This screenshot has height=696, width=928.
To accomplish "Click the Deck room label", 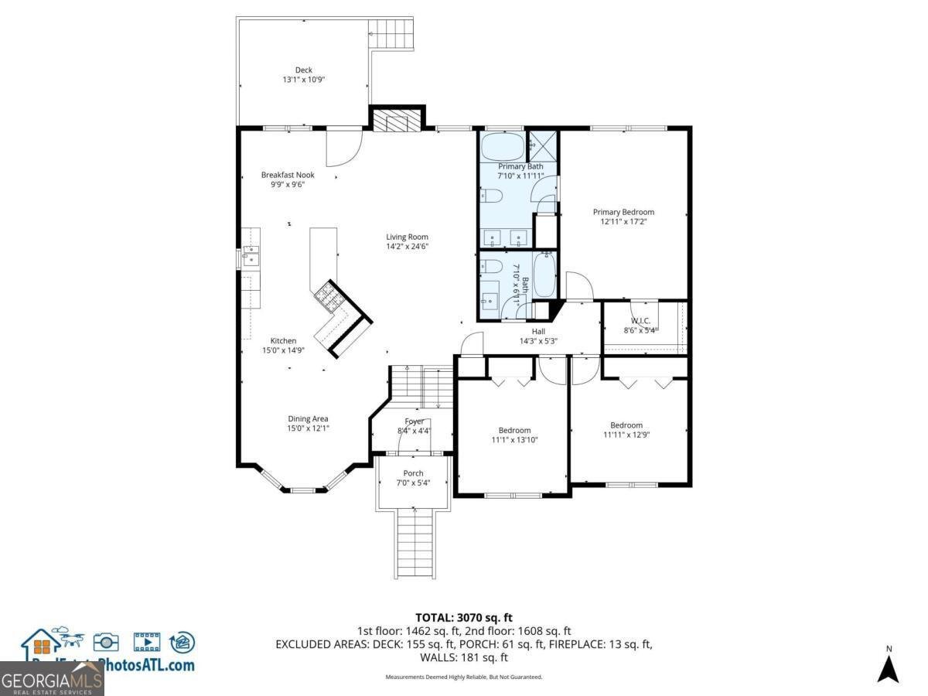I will (x=303, y=70).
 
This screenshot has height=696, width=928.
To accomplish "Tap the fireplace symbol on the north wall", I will (x=396, y=121).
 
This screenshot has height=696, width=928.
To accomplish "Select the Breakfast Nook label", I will (x=288, y=175).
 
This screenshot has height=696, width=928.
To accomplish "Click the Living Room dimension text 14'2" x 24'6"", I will (x=408, y=247).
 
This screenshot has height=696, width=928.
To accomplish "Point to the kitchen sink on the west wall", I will (x=249, y=256).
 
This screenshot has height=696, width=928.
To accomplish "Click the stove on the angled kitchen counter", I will (x=326, y=295).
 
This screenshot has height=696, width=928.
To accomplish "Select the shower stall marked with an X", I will (x=543, y=144).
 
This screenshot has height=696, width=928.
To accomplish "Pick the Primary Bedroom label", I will (x=623, y=212).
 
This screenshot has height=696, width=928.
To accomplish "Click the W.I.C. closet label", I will (x=640, y=320).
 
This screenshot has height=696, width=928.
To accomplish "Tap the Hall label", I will (x=538, y=331).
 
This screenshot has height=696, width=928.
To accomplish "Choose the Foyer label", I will (x=414, y=421).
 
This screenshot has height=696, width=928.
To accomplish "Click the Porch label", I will (x=413, y=473).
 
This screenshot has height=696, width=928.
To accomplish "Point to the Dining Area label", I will (x=308, y=419).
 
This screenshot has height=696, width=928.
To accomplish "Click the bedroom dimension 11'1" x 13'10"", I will (x=514, y=440).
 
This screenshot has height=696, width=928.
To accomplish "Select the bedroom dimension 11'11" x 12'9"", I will (x=626, y=435).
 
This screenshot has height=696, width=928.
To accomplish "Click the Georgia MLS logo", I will (x=52, y=680).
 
